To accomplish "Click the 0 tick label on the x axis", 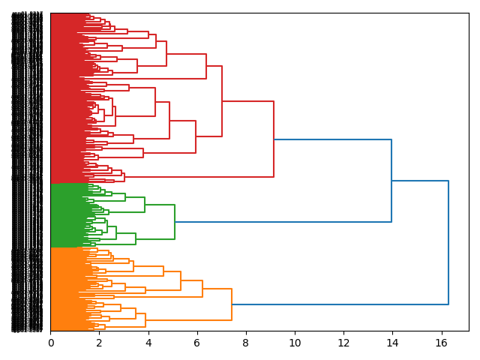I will (x=50, y=343).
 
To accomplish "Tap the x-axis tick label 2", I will (x=99, y=343).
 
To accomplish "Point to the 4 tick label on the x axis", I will (x=148, y=343).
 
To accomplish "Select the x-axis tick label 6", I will (x=197, y=343).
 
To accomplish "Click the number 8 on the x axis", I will (x=246, y=343).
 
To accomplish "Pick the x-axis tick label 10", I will (x=295, y=343).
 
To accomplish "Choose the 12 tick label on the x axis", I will (x=343, y=343).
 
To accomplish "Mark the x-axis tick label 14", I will (x=392, y=343).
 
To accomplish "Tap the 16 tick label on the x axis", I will (x=441, y=343).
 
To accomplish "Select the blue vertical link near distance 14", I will (x=391, y=181).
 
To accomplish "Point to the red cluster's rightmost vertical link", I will (x=274, y=139).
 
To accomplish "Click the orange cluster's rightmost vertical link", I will (x=232, y=304).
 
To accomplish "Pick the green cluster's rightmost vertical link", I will (x=175, y=222).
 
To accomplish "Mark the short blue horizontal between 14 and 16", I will (x=420, y=181).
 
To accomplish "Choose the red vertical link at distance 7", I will (x=222, y=101).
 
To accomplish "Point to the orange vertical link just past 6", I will (x=202, y=289).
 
